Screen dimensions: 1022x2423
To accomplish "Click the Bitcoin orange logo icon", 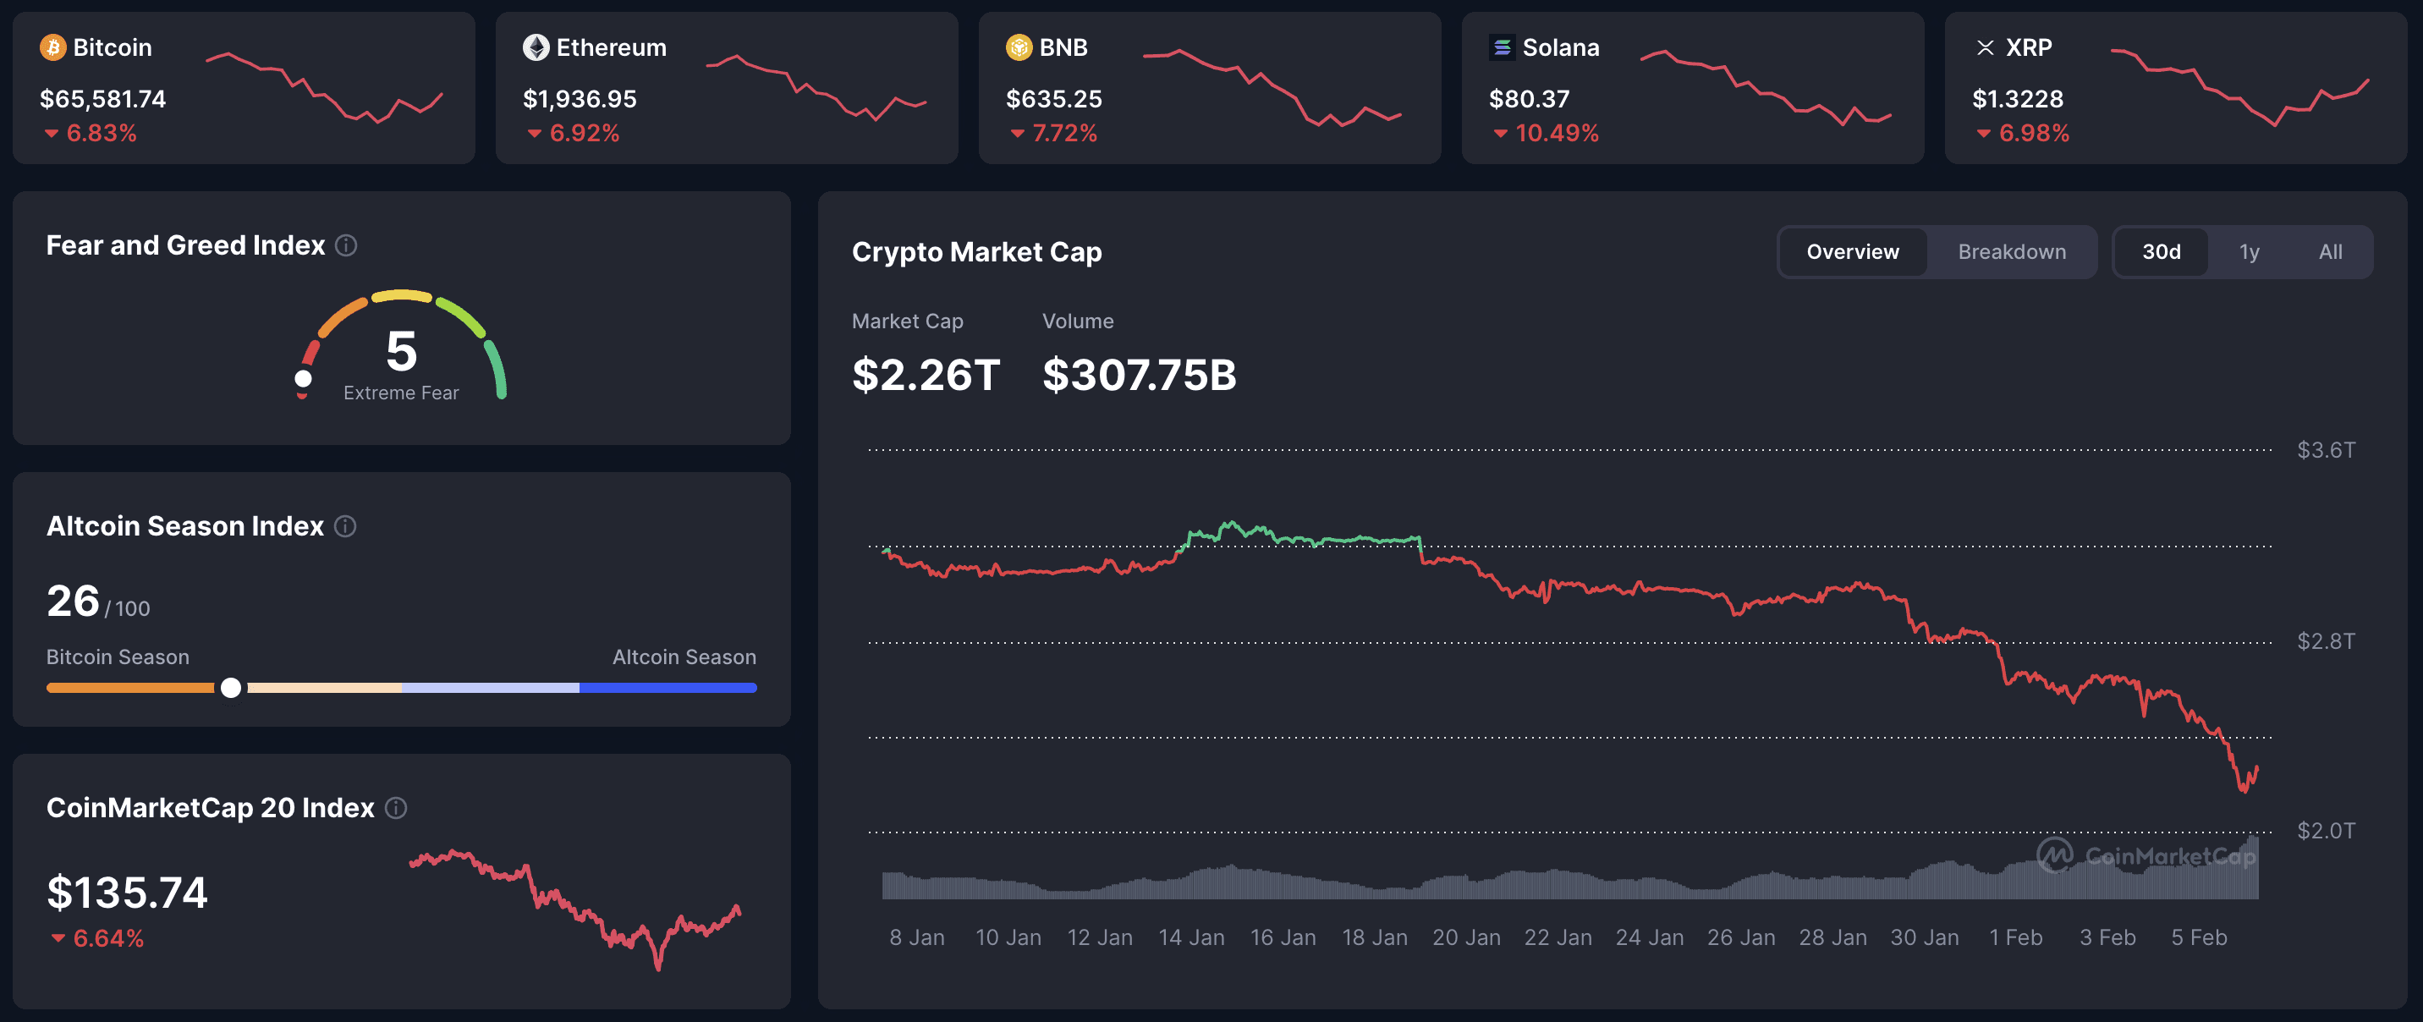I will click(52, 47).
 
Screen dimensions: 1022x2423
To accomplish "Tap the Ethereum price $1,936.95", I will click(580, 99).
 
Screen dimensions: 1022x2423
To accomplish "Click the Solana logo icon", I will click(1503, 47).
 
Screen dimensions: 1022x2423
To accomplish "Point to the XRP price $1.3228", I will click(2017, 99).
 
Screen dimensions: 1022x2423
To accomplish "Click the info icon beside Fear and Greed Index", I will click(346, 245).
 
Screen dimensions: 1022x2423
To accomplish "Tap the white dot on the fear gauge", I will click(303, 378).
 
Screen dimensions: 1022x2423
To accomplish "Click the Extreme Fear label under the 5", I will click(401, 393).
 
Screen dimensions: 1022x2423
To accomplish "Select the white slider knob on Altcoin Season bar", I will click(230, 688).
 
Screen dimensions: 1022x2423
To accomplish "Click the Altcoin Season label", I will click(684, 657).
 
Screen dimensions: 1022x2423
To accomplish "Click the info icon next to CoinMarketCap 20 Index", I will click(396, 808).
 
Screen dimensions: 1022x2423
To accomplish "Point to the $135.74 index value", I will click(127, 893).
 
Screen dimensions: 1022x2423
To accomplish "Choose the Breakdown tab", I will click(2011, 252).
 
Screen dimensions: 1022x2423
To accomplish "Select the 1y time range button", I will click(2248, 252).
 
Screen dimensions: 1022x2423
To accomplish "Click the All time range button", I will click(2330, 252).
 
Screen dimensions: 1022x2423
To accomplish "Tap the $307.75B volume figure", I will click(1138, 375).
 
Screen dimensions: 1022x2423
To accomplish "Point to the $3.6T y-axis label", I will click(2325, 450).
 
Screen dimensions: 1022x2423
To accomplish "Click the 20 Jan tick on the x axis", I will click(1465, 937).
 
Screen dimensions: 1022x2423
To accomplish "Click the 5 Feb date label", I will click(2198, 937).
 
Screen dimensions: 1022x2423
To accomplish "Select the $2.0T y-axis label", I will click(2325, 831).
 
